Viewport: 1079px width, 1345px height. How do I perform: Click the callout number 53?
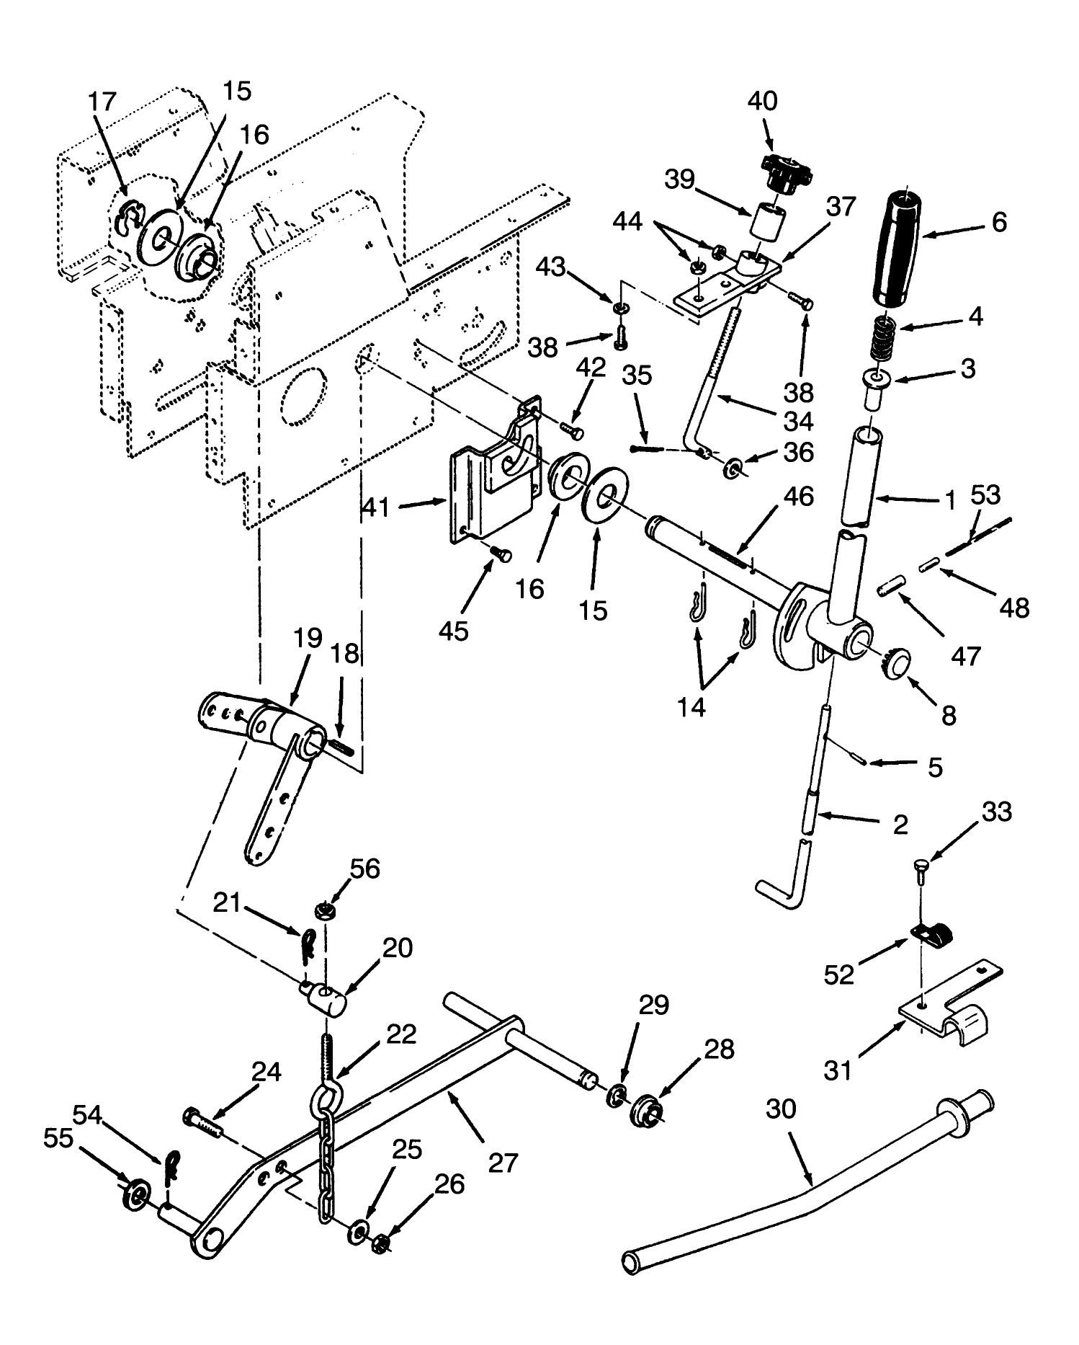click(x=985, y=496)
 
